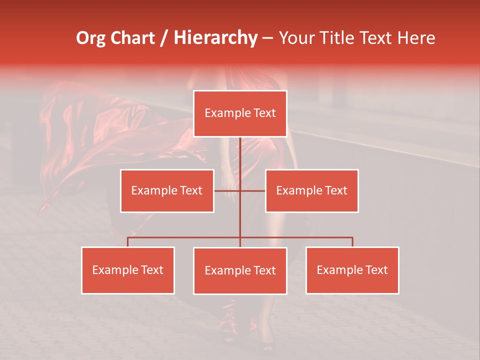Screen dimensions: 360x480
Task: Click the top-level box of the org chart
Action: click(240, 113)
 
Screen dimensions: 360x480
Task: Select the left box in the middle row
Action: click(167, 190)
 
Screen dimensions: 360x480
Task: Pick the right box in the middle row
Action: click(311, 190)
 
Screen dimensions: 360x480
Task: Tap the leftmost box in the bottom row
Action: click(128, 270)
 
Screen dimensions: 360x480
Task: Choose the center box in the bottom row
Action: click(240, 270)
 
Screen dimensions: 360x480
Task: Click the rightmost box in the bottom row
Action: click(352, 270)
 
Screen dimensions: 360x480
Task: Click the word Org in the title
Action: click(91, 38)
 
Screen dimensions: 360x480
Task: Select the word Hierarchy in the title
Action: click(215, 38)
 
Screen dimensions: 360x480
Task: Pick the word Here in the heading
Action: click(416, 38)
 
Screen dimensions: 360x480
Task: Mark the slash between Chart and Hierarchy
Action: click(164, 38)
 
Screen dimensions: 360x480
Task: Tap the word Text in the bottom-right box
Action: click(376, 270)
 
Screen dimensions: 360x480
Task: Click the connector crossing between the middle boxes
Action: click(240, 190)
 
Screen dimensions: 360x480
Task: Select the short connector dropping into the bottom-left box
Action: click(128, 242)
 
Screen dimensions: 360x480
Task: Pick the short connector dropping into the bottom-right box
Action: click(352, 242)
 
